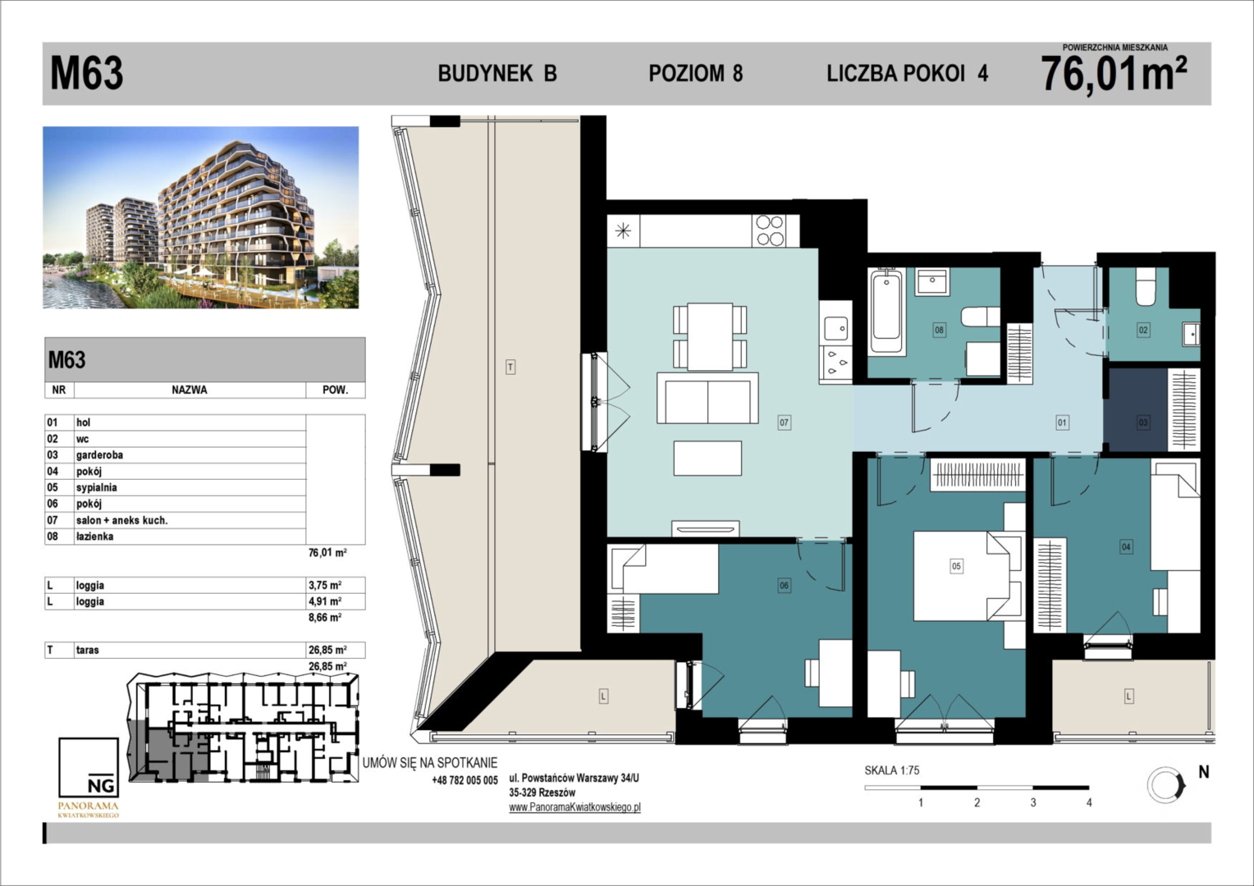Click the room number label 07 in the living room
tap(784, 422)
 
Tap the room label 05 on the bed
tap(956, 566)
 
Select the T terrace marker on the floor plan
tap(510, 368)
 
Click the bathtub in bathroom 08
tap(886, 311)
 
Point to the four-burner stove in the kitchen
tap(770, 231)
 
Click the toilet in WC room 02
tap(1146, 286)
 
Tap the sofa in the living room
tap(707, 399)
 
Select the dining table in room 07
tap(710, 336)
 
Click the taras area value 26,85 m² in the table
tap(327, 650)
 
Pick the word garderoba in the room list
tap(99, 455)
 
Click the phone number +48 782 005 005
tap(465, 780)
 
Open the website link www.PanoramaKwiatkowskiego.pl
tap(574, 807)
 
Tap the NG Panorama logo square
tap(89, 767)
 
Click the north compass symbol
tap(1166, 785)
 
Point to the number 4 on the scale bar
tap(1089, 802)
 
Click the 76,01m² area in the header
tap(1114, 74)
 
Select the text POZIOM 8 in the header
tap(696, 73)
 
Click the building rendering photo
tap(201, 217)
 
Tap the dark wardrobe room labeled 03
tap(1135, 409)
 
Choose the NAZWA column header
tap(190, 390)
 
